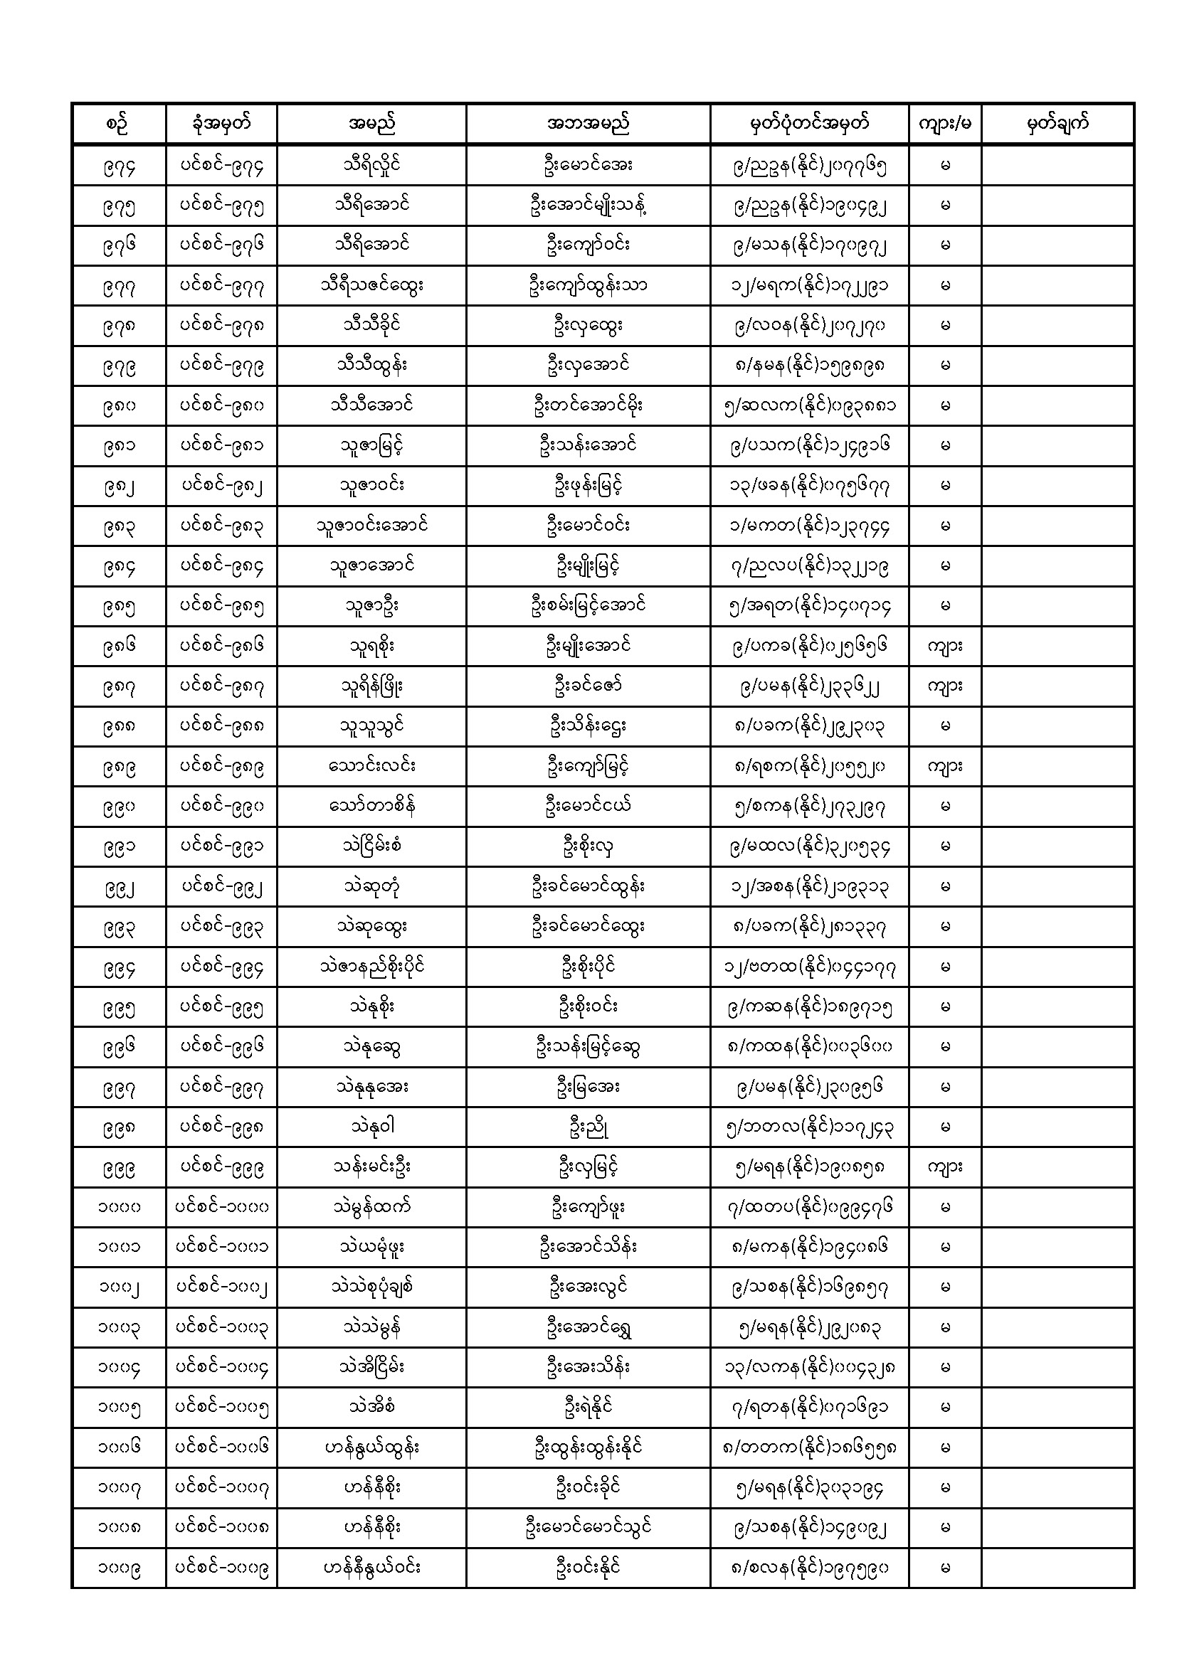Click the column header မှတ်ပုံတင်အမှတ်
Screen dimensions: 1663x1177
pyautogui.click(x=809, y=124)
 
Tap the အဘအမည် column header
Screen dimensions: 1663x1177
pyautogui.click(x=588, y=124)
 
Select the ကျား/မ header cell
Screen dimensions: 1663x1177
pyautogui.click(x=944, y=124)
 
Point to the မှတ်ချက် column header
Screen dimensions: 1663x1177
pyautogui.click(x=1057, y=124)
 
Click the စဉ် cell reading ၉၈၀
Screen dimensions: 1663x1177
pyautogui.click(x=119, y=406)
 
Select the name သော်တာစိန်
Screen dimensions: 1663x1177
pyautogui.click(x=371, y=806)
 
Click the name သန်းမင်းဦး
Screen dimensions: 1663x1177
pyautogui.click(x=371, y=1167)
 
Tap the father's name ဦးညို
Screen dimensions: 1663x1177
pyautogui.click(x=588, y=1127)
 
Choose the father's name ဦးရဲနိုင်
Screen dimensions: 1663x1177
pyautogui.click(x=588, y=1408)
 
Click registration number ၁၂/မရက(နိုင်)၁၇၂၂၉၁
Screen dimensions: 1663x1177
pyautogui.click(x=809, y=286)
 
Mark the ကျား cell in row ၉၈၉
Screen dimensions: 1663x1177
pyautogui.click(x=944, y=766)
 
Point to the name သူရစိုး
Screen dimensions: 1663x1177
pyautogui.click(x=371, y=646)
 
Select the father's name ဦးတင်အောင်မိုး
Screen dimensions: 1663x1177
pyautogui.click(x=588, y=406)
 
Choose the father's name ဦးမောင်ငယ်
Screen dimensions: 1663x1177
pyautogui.click(x=588, y=806)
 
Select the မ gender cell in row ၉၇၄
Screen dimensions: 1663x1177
pyautogui.click(x=944, y=166)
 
